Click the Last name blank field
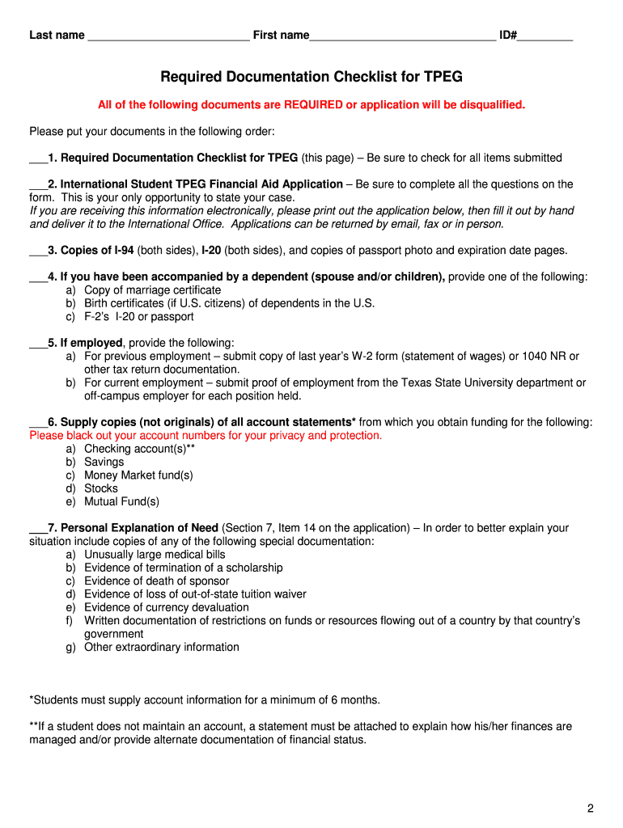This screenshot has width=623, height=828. tap(168, 36)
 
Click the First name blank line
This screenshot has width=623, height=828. tap(402, 36)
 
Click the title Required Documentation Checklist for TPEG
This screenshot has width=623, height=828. tap(311, 77)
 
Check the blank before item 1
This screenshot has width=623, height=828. tap(38, 158)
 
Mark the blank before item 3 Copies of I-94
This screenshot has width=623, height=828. tap(38, 251)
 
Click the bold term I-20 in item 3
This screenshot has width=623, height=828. tap(211, 251)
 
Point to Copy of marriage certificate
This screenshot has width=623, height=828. tap(152, 290)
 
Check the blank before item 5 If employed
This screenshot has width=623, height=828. tap(38, 343)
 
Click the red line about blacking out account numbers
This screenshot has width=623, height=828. tap(206, 436)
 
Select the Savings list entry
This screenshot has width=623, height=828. tap(104, 462)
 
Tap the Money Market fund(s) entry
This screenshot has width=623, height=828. tap(138, 475)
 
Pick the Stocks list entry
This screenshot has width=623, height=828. tap(101, 488)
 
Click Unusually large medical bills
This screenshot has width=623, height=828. tap(155, 555)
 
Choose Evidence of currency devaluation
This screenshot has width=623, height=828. tap(167, 607)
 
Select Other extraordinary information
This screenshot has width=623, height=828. tap(162, 647)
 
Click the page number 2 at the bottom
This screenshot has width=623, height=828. tap(591, 809)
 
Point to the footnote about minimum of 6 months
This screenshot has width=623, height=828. tap(205, 699)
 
